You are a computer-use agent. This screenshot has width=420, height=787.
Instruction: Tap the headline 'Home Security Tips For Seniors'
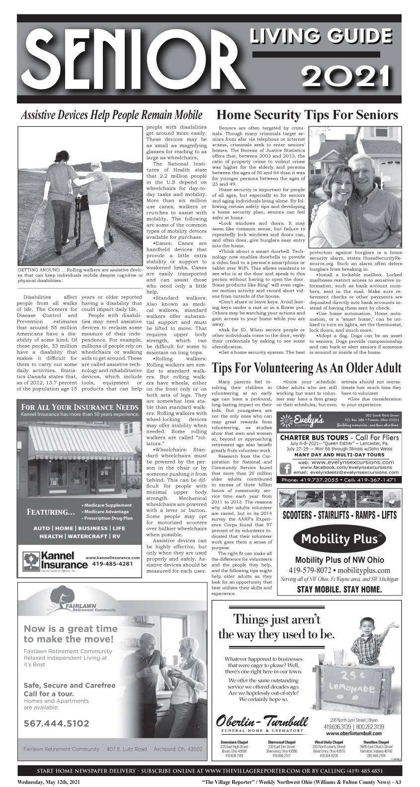click(x=308, y=115)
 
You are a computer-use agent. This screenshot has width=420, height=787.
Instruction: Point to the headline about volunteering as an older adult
click(x=306, y=368)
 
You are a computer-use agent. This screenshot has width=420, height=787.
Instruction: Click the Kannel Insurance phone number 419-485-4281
click(x=112, y=564)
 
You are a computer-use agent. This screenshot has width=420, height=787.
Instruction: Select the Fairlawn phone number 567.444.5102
click(x=56, y=723)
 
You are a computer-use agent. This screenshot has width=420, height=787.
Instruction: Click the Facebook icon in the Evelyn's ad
click(x=286, y=468)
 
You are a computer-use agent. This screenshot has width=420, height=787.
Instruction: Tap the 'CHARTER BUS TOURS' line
click(x=319, y=438)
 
